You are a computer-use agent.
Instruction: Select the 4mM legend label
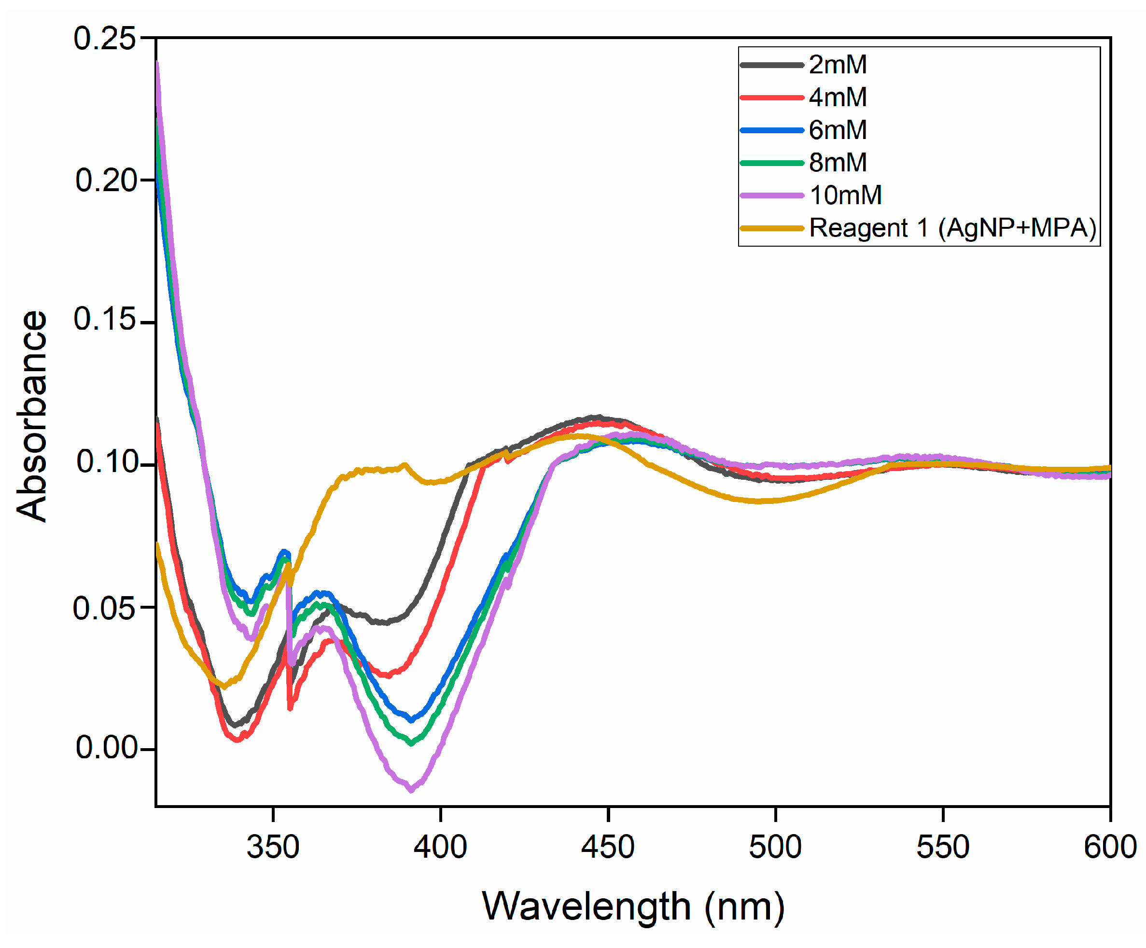[x=837, y=97]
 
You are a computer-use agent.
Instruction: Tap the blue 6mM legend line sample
[x=771, y=130]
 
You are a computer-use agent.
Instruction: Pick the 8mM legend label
[x=837, y=162]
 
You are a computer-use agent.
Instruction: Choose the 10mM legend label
[x=845, y=195]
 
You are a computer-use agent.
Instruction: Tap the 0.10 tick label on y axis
[x=105, y=462]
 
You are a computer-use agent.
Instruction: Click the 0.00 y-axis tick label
[x=105, y=747]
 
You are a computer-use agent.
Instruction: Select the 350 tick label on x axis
[x=273, y=847]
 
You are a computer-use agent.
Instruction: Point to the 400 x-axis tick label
[x=440, y=847]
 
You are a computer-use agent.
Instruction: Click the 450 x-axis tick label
[x=607, y=847]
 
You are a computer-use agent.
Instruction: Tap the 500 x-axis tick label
[x=775, y=847]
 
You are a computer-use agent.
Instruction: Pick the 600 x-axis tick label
[x=1110, y=847]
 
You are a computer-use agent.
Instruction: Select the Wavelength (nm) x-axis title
[x=633, y=907]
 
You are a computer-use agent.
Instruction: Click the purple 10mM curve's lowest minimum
[x=411, y=789]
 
